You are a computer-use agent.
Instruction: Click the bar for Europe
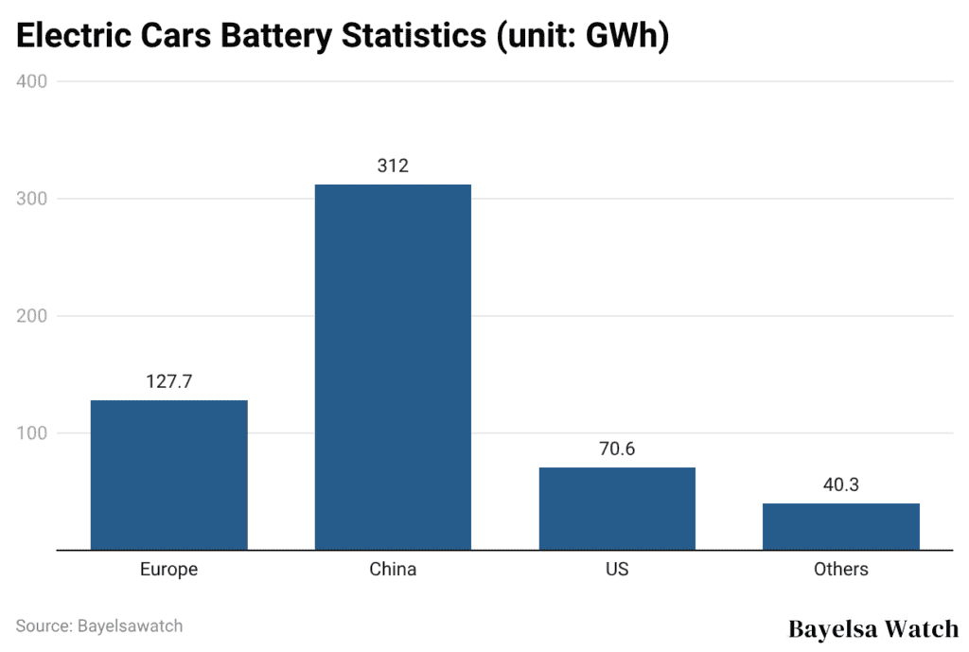168,475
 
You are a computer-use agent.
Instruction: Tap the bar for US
617,508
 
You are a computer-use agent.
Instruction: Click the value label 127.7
168,382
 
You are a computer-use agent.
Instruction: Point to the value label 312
393,167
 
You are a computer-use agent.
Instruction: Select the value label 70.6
617,449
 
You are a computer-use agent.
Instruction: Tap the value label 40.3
840,485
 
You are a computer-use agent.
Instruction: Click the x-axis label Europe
168,570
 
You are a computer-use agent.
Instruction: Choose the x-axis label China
393,570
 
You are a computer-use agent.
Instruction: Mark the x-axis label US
617,570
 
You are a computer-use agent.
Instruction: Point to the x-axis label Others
840,570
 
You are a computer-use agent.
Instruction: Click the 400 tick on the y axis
32,81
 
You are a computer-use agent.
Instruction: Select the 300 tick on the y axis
32,199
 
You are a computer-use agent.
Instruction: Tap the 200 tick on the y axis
32,316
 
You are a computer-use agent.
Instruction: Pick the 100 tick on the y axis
32,433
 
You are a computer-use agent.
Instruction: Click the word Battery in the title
282,37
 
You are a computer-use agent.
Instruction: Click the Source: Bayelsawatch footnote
99,626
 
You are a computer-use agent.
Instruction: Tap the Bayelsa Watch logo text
872,628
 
